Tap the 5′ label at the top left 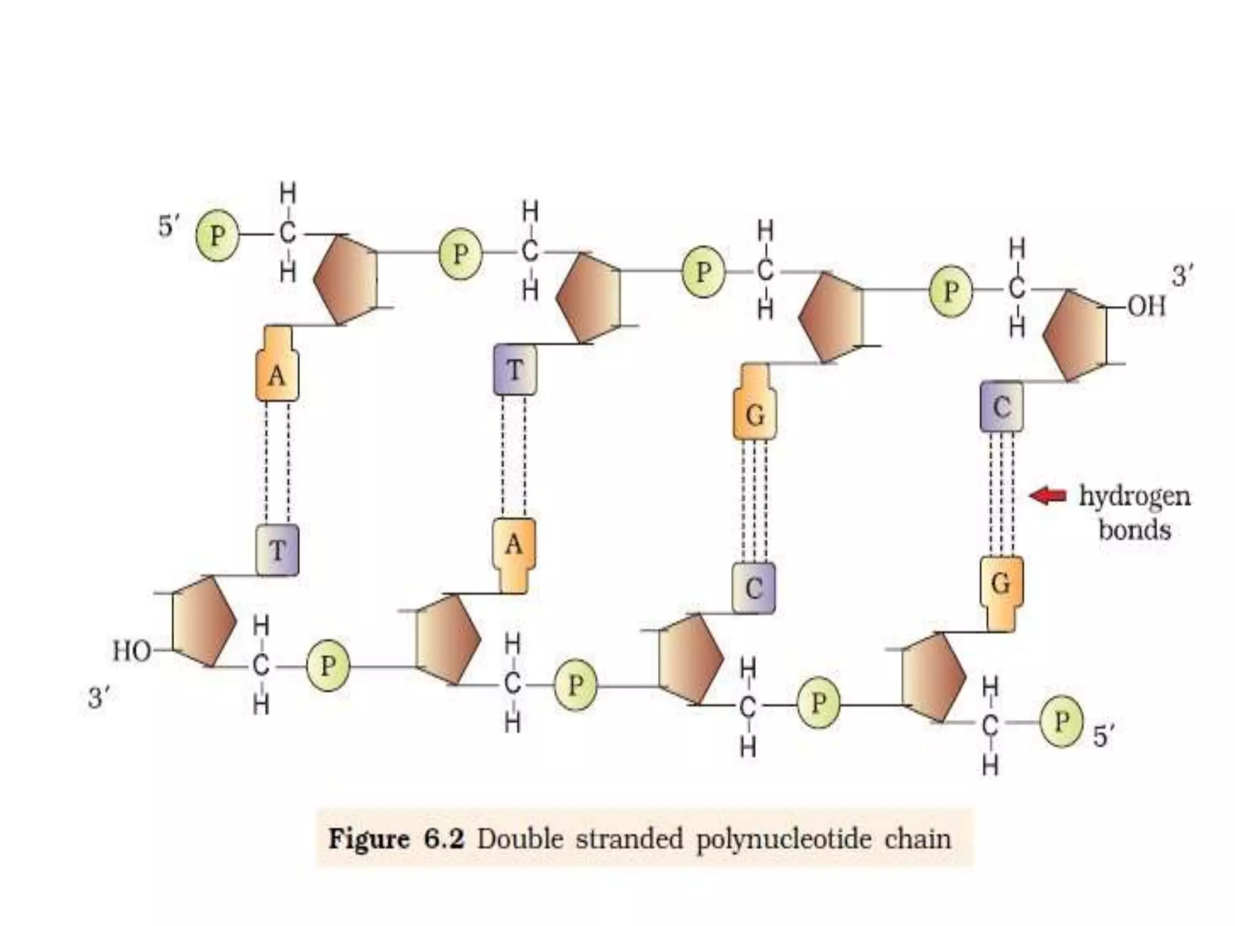[168, 226]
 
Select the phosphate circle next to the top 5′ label [217, 235]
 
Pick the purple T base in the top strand [515, 370]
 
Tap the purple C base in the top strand [1001, 407]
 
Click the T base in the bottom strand [277, 550]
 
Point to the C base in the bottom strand [754, 588]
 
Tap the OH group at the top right [1146, 307]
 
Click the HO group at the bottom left [131, 651]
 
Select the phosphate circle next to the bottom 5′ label [1061, 722]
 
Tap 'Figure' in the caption [368, 839]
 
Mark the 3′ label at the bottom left [99, 698]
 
